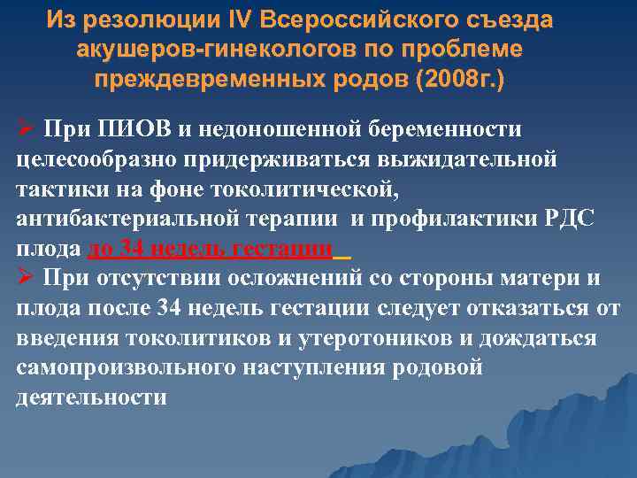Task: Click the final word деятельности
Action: (91, 397)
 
